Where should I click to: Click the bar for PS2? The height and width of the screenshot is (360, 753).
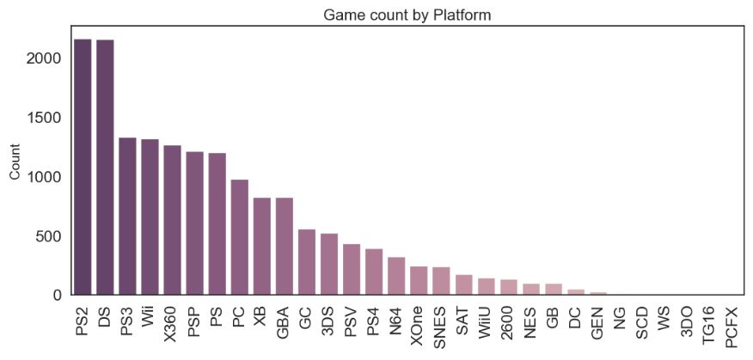tap(83, 168)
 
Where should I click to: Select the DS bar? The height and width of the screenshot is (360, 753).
tap(106, 168)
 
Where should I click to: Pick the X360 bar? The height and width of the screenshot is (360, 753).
tap(173, 220)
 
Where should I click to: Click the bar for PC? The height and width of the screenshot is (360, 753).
tap(240, 237)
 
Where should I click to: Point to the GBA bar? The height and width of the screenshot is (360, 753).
tap(285, 247)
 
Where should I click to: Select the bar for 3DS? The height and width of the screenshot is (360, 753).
tap(329, 265)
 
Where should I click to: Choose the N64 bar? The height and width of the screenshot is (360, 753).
tap(396, 276)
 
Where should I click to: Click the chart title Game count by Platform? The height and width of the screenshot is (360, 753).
tap(407, 15)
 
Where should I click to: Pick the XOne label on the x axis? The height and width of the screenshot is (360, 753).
tap(419, 325)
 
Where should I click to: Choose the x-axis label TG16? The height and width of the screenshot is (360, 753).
tap(709, 324)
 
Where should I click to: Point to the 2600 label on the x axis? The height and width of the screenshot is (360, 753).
tap(508, 323)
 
